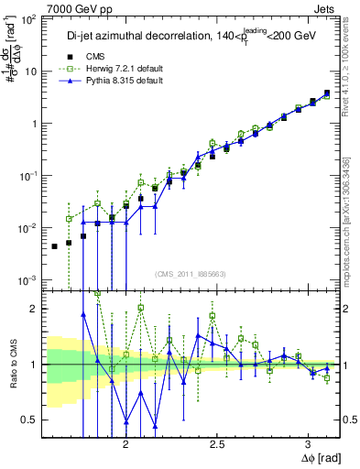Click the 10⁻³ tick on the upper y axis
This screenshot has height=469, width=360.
pyautogui.click(x=30, y=278)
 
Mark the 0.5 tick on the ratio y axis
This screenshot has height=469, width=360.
pyautogui.click(x=30, y=420)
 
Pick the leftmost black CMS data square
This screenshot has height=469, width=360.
pyautogui.click(x=54, y=246)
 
